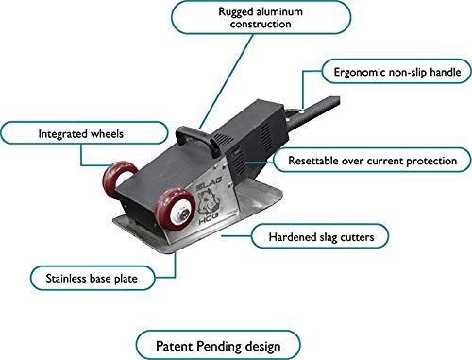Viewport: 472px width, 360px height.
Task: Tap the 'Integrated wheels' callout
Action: coord(60,134)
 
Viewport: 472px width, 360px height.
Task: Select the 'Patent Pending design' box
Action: coord(220,342)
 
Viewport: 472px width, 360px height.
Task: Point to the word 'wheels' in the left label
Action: coord(91,134)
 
